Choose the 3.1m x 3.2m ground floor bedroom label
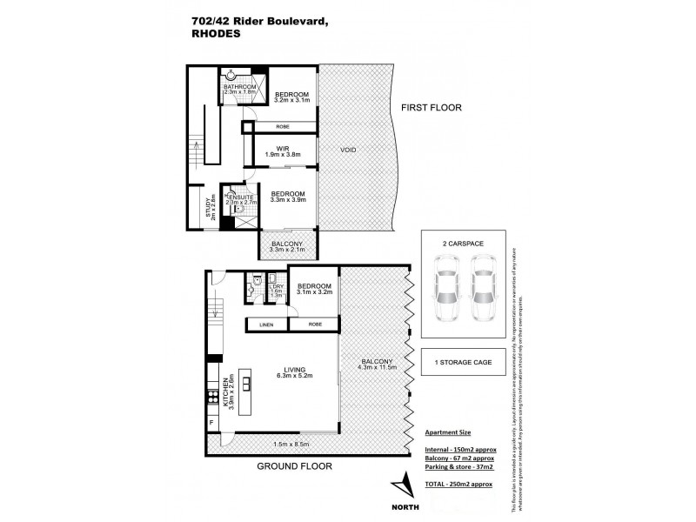pyautogui.click(x=315, y=289)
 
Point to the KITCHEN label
pyautogui.click(x=227, y=393)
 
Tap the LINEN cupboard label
pyautogui.click(x=267, y=325)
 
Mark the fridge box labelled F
pyautogui.click(x=211, y=424)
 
